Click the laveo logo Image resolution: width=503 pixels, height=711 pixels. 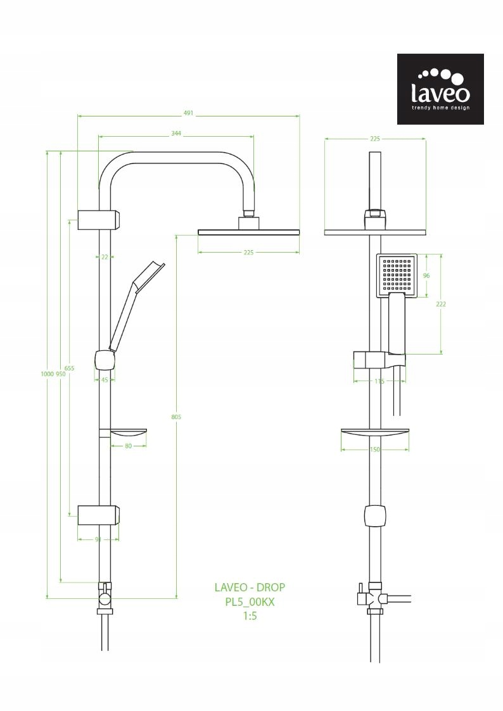click(440, 89)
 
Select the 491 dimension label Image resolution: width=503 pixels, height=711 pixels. click(188, 113)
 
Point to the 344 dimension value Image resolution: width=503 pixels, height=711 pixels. click(176, 134)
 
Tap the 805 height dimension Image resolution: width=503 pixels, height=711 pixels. click(176, 417)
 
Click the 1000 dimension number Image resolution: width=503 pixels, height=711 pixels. click(47, 374)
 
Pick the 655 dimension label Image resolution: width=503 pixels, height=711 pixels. click(69, 368)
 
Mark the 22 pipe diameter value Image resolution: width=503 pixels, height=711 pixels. click(105, 256)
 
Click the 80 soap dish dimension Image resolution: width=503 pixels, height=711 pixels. click(129, 446)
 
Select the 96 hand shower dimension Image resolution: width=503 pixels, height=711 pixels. click(426, 275)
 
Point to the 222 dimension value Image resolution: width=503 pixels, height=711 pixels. click(441, 305)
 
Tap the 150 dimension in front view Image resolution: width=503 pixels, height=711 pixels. click(374, 450)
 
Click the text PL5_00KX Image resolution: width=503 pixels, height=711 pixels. click(250, 602)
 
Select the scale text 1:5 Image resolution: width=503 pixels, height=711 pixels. click(250, 615)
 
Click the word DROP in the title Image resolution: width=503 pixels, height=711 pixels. click(271, 588)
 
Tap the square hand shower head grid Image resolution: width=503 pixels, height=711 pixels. click(397, 275)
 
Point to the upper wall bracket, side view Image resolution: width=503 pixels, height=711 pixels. click(98, 220)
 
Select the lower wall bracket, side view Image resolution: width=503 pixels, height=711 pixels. click(98, 515)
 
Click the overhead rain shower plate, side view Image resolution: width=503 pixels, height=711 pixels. click(248, 232)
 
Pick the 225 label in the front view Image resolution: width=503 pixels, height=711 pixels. click(375, 139)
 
